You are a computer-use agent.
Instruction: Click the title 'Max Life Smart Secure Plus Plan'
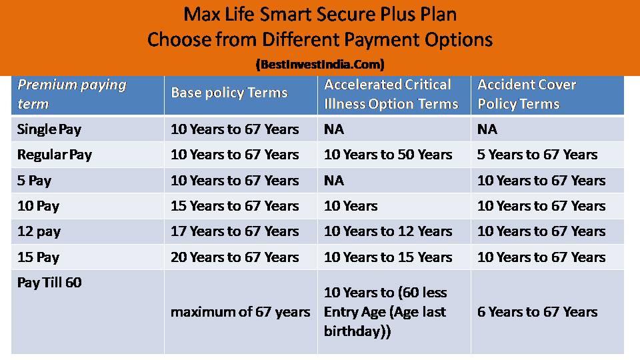319,15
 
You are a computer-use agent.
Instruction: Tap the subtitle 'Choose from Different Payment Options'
319,40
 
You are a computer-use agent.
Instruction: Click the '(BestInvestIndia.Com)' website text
320,65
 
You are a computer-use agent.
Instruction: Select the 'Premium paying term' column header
71,94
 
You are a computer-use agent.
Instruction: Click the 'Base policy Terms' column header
229,93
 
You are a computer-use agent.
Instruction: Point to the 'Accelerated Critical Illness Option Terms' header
391,94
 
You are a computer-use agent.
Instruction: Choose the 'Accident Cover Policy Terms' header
527,94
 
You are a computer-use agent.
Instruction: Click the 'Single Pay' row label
49,129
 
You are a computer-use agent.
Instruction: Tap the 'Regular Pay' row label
55,155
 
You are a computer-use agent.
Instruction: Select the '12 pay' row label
39,231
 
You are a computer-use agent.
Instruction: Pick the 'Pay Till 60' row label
49,283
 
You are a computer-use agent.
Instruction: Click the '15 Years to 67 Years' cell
235,206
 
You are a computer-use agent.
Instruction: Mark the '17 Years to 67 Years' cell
235,231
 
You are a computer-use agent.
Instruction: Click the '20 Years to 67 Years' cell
235,257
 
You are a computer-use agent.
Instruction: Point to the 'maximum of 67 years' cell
240,311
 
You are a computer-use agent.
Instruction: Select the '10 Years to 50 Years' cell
388,155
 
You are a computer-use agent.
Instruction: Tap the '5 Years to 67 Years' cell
537,155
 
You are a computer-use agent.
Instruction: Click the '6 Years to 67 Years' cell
537,311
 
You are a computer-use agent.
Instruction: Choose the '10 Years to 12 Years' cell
388,231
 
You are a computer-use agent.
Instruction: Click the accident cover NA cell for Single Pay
487,129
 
